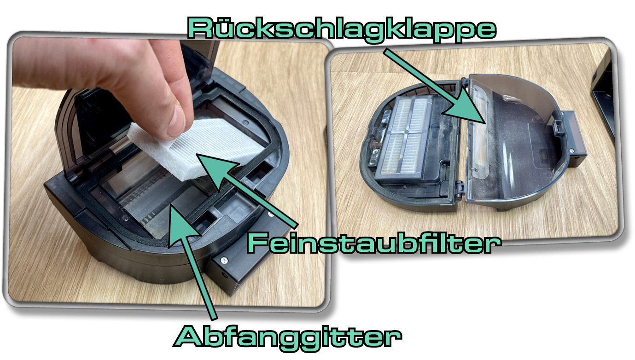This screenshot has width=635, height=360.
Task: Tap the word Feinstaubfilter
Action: coord(373,243)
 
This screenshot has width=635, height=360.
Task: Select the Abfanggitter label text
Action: coord(287,337)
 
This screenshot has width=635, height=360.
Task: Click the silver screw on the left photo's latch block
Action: coord(224,260)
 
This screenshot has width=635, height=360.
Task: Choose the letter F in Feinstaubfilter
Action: coord(258,243)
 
